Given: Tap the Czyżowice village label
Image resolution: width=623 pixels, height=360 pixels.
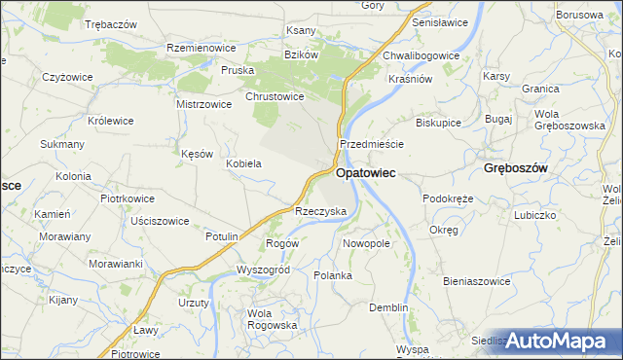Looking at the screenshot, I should click(68, 76).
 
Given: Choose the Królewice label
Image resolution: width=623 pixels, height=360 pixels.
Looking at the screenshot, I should click(110, 121).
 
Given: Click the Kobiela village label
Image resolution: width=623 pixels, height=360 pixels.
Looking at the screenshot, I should click(243, 163).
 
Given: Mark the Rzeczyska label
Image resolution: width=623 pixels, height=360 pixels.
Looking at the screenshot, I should click(321, 211).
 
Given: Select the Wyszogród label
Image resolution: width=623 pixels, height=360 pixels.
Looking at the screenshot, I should click(263, 270).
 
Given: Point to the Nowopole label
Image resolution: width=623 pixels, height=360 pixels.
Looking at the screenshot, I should click(366, 243).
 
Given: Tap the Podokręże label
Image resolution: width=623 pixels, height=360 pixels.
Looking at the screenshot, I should click(448, 198).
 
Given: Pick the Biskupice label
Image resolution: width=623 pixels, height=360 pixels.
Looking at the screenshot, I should click(438, 124).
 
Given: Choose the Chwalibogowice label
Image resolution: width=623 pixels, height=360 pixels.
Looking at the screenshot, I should click(421, 55).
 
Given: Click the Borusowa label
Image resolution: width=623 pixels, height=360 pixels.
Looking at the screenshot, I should click(580, 16).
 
